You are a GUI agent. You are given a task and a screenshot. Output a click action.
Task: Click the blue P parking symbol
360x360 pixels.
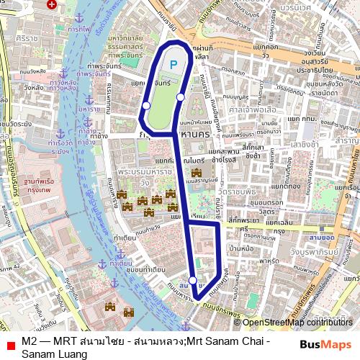pos(173,65)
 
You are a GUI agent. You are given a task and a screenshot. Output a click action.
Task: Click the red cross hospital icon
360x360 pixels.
pos(51,4)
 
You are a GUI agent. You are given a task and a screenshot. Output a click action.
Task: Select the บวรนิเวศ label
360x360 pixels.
pos(296,8)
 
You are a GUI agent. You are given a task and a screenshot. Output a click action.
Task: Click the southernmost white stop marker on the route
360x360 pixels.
pos(193,281)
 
